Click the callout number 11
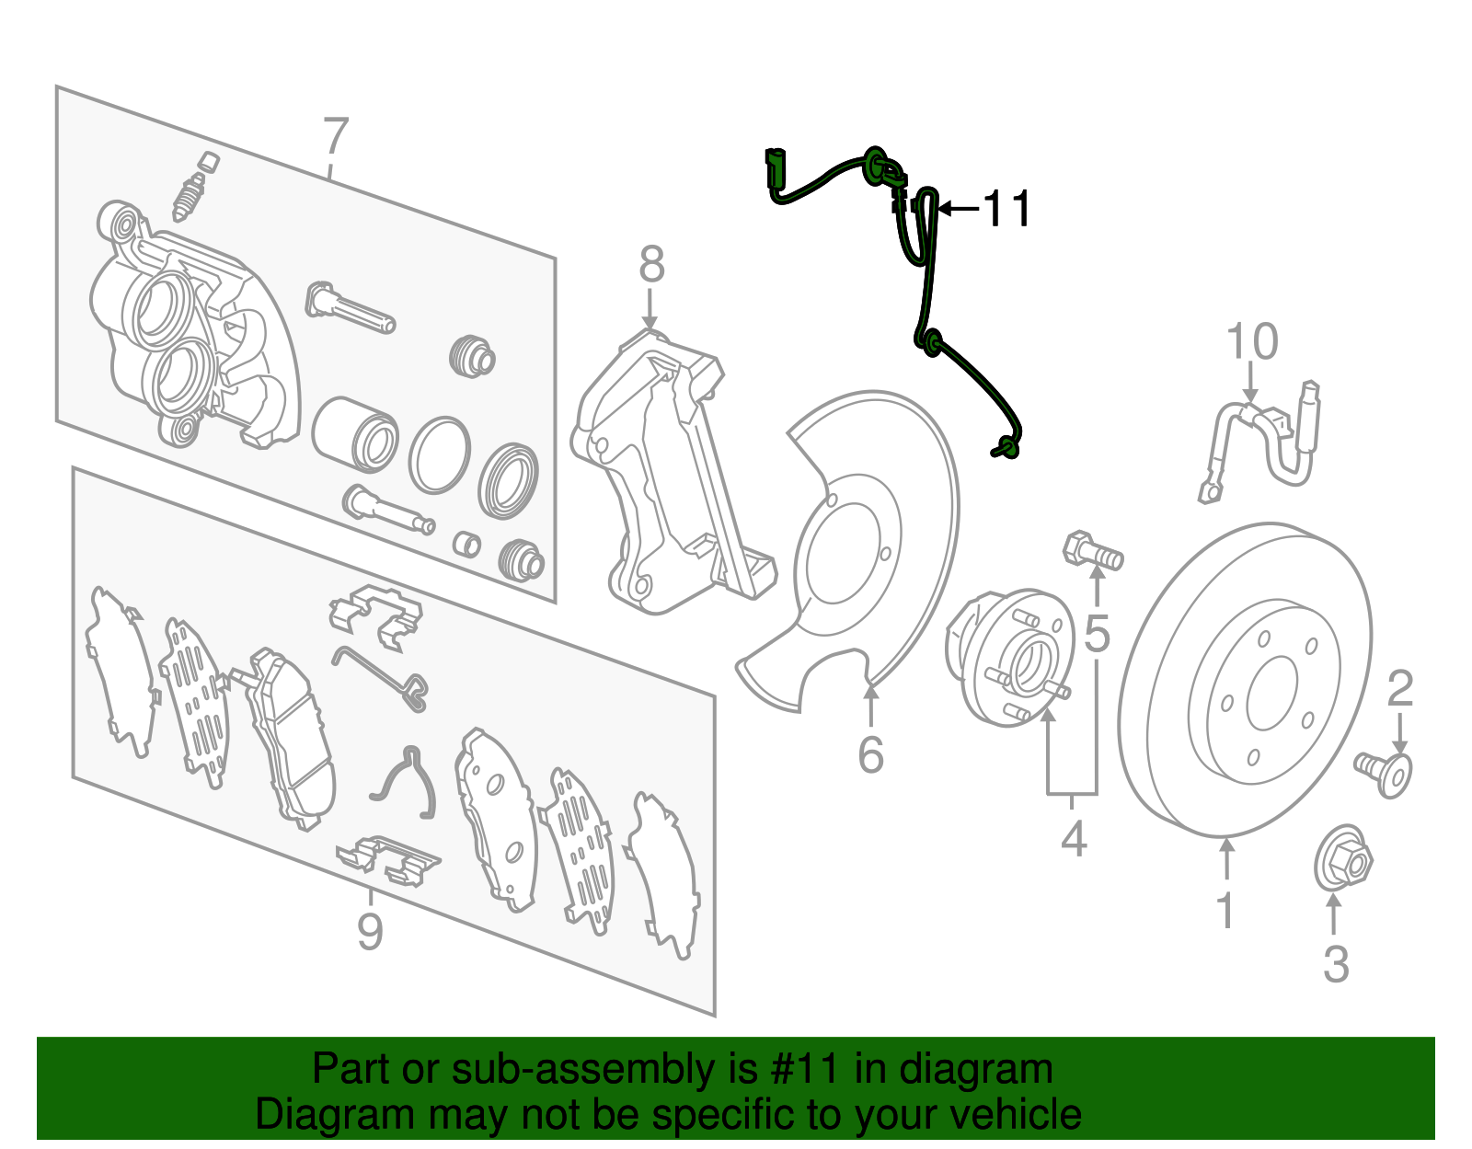click(x=1007, y=210)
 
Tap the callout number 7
click(x=336, y=137)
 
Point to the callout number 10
click(x=1252, y=342)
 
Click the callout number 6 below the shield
click(x=870, y=754)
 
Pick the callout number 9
click(x=370, y=932)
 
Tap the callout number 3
click(x=1336, y=964)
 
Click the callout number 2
click(x=1399, y=689)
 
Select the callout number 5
click(x=1097, y=634)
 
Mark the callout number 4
click(x=1074, y=839)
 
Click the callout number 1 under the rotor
click(x=1225, y=909)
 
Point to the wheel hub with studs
click(x=1012, y=657)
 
